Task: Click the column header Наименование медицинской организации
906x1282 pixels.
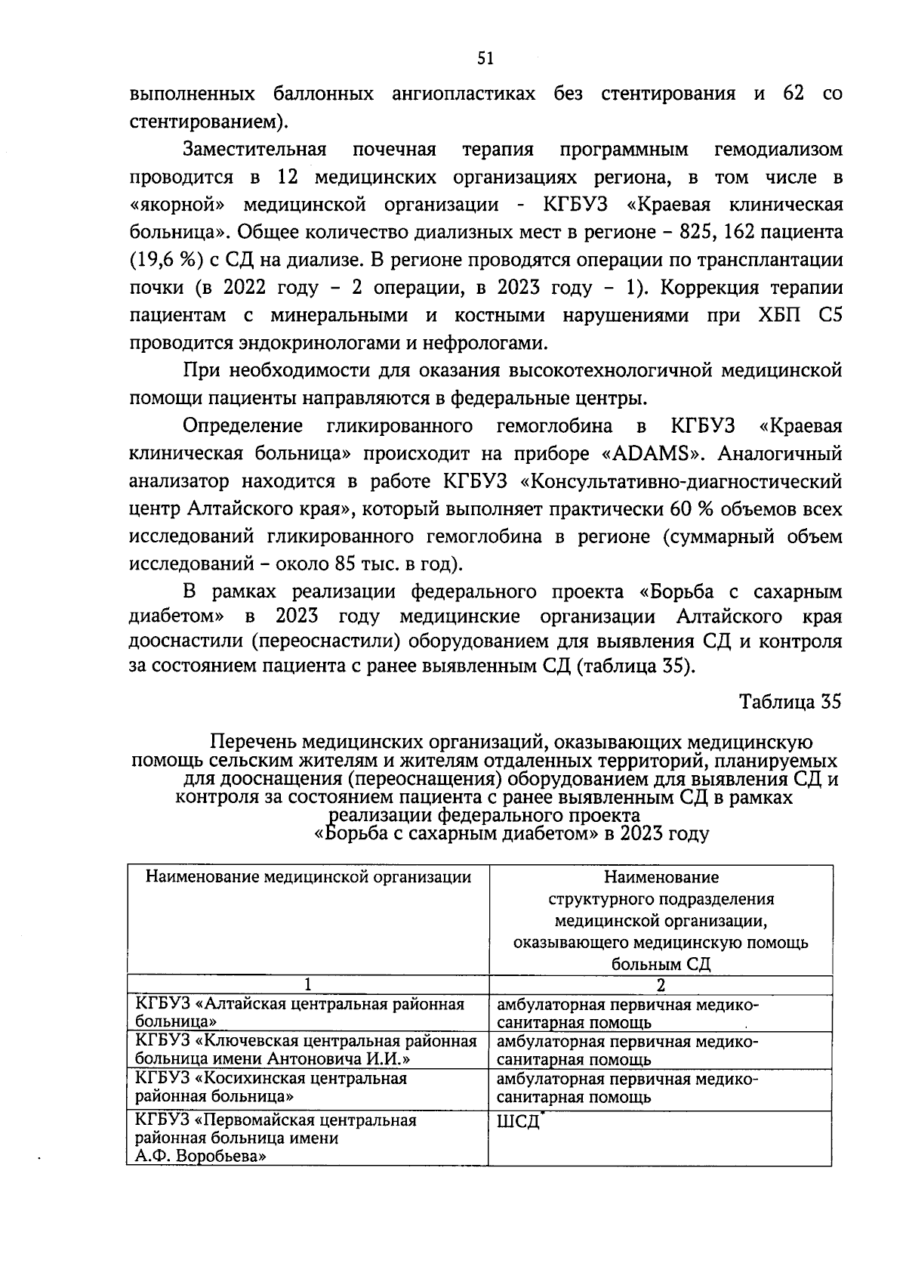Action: pyautogui.click(x=308, y=877)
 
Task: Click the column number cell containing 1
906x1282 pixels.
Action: pyautogui.click(x=307, y=985)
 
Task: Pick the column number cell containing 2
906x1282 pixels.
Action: pyautogui.click(x=661, y=985)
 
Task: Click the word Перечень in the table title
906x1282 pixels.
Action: pyautogui.click(x=248, y=743)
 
